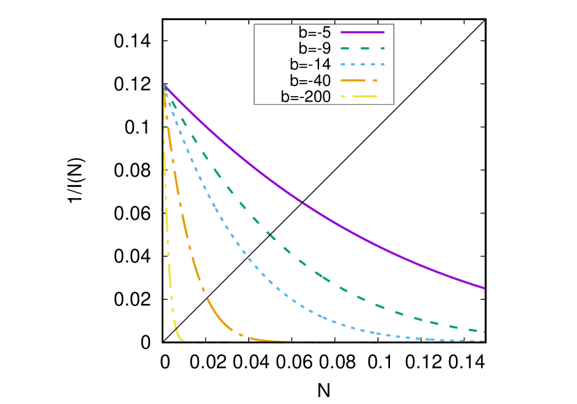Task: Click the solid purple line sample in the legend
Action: click(362, 32)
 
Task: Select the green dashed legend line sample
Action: click(362, 48)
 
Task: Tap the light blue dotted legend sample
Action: click(362, 64)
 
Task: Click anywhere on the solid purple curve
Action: click(300, 201)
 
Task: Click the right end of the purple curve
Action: click(484, 288)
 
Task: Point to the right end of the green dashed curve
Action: click(484, 332)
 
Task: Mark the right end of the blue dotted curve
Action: click(484, 341)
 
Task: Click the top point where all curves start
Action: click(163, 84)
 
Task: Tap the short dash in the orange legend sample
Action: click(375, 81)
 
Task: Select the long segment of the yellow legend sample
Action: click(365, 97)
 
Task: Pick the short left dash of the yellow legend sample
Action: click(343, 97)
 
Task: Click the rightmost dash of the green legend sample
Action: click(382, 48)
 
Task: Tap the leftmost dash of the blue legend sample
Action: click(342, 64)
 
